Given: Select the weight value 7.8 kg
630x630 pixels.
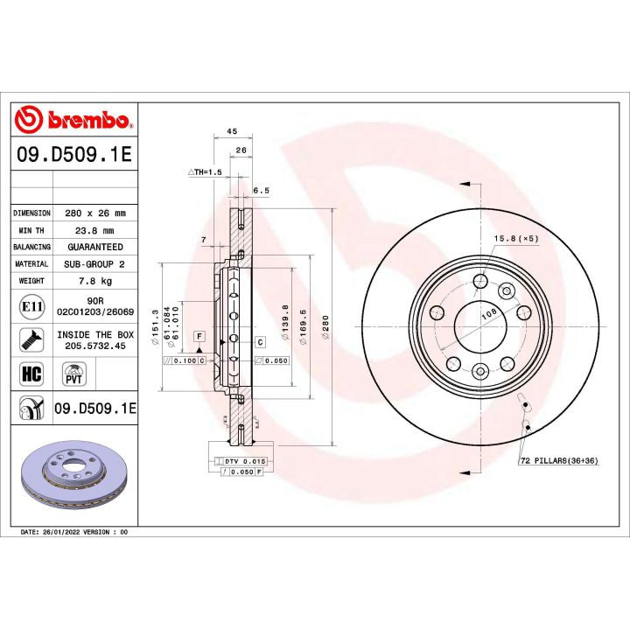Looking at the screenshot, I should [x=95, y=281].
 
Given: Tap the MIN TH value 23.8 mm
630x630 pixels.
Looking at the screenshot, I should [x=95, y=230].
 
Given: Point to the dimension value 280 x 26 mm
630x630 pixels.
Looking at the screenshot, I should [x=95, y=213].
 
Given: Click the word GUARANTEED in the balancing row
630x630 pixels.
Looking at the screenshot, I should [x=95, y=247].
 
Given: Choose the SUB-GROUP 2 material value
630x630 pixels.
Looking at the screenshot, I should [x=95, y=263].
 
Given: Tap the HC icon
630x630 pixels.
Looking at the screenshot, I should [x=31, y=374].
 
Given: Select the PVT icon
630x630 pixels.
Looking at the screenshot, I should [x=73, y=374].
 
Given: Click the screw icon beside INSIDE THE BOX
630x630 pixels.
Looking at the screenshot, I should [x=31, y=339].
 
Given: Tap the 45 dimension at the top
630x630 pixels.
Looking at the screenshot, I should [x=232, y=130].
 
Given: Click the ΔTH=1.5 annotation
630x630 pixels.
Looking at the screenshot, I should [x=206, y=173].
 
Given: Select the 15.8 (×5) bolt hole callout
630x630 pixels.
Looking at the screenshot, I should [x=515, y=238].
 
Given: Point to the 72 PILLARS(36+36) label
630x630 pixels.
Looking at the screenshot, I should [x=558, y=460].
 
